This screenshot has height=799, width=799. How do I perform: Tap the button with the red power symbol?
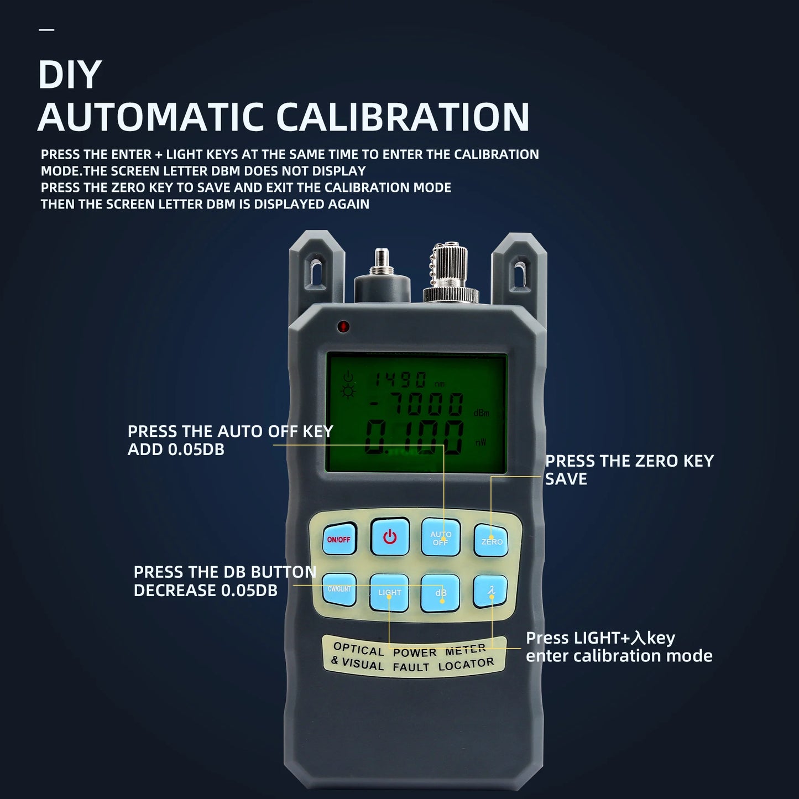click(390, 537)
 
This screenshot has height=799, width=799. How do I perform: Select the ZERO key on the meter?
click(492, 540)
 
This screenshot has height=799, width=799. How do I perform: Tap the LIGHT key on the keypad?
click(389, 593)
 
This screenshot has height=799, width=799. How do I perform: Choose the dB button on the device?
click(441, 593)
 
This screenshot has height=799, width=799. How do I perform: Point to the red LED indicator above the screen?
click(343, 326)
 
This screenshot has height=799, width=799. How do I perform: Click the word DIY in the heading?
click(70, 75)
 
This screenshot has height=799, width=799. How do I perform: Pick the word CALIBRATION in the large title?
click(403, 117)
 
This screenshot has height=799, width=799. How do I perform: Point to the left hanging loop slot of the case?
click(316, 271)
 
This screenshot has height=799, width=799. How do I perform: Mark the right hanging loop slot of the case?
click(520, 271)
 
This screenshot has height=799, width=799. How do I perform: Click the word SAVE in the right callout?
click(566, 479)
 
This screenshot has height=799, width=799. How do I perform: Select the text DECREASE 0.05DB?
click(205, 591)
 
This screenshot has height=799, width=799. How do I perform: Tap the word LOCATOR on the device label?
click(466, 665)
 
